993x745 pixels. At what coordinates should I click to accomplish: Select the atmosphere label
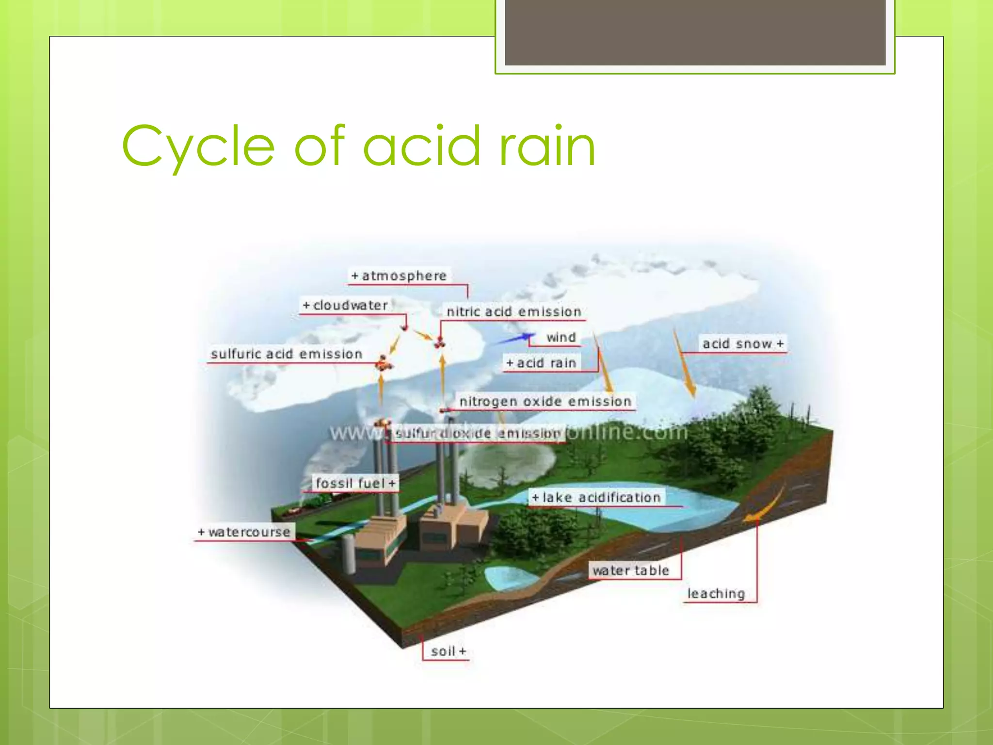[x=399, y=275]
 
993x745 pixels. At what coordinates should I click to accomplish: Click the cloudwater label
[x=345, y=305]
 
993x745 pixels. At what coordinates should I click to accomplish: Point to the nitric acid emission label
[x=513, y=311]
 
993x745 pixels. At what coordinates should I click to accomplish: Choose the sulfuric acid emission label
[x=287, y=354]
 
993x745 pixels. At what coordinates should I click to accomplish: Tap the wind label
[x=561, y=337]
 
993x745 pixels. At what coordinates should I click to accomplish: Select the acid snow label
[x=742, y=343]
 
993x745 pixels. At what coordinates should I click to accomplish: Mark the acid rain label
[x=541, y=363]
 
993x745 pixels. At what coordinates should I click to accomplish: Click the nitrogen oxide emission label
[x=545, y=401]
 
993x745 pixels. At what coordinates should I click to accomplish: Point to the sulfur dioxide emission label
[x=478, y=433]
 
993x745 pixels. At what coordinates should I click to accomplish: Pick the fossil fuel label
[x=355, y=483]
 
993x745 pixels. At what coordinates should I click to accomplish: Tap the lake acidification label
[x=596, y=497]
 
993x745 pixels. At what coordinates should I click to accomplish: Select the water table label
[x=630, y=570]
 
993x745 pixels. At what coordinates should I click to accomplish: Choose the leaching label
[x=716, y=593]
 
